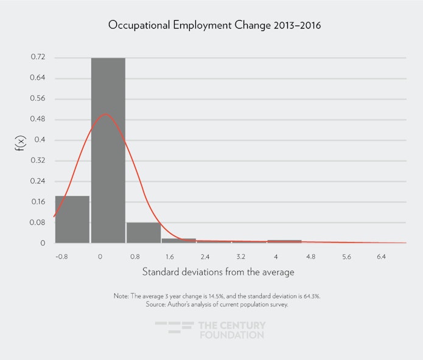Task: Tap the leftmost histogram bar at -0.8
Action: [x=72, y=219]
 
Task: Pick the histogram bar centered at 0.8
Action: [x=144, y=232]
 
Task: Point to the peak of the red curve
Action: [x=105, y=114]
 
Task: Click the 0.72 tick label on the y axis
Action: [x=38, y=58]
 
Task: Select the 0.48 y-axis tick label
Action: [x=38, y=119]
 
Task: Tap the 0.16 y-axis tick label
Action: [x=38, y=202]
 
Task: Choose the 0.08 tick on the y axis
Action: [x=38, y=223]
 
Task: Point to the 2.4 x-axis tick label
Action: [x=205, y=257]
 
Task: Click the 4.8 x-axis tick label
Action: [x=311, y=257]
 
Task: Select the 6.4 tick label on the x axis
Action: [x=382, y=257]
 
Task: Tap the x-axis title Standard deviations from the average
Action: [x=218, y=272]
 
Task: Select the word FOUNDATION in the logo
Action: [x=231, y=335]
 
